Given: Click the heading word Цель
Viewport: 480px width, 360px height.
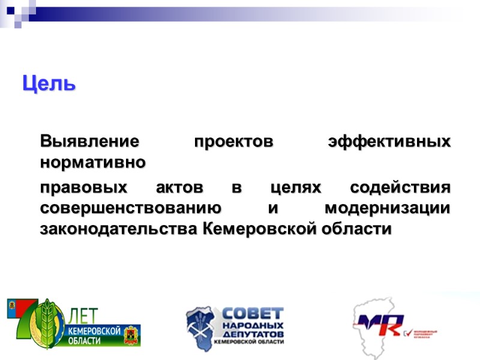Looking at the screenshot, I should [49, 83].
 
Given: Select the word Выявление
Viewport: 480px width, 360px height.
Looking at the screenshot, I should [89, 143].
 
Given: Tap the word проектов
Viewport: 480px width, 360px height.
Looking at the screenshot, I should [233, 143].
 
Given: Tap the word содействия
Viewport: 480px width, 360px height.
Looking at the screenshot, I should [399, 188].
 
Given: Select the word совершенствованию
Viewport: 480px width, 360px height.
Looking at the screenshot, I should [130, 208].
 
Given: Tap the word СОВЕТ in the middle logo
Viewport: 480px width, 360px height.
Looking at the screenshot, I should [253, 314].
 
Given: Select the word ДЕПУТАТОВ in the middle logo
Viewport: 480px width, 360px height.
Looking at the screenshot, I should [253, 332].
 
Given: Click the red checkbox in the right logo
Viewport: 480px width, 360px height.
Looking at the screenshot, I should [407, 332].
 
